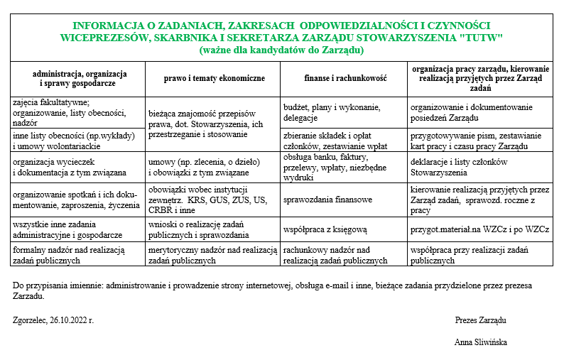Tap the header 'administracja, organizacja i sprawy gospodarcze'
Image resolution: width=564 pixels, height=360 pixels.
tap(80, 78)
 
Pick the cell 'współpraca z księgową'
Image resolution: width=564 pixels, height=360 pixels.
tap(325, 229)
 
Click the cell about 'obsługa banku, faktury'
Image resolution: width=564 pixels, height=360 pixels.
tap(335, 166)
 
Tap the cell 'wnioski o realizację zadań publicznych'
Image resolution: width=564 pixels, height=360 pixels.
tap(199, 229)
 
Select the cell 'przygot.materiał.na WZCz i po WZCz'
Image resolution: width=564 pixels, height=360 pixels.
tap(479, 229)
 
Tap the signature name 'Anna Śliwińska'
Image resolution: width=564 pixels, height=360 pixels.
tap(481, 342)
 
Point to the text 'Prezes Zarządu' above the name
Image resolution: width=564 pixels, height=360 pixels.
tap(480, 320)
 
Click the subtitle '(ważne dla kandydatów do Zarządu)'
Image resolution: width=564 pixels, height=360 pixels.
tap(282, 50)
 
